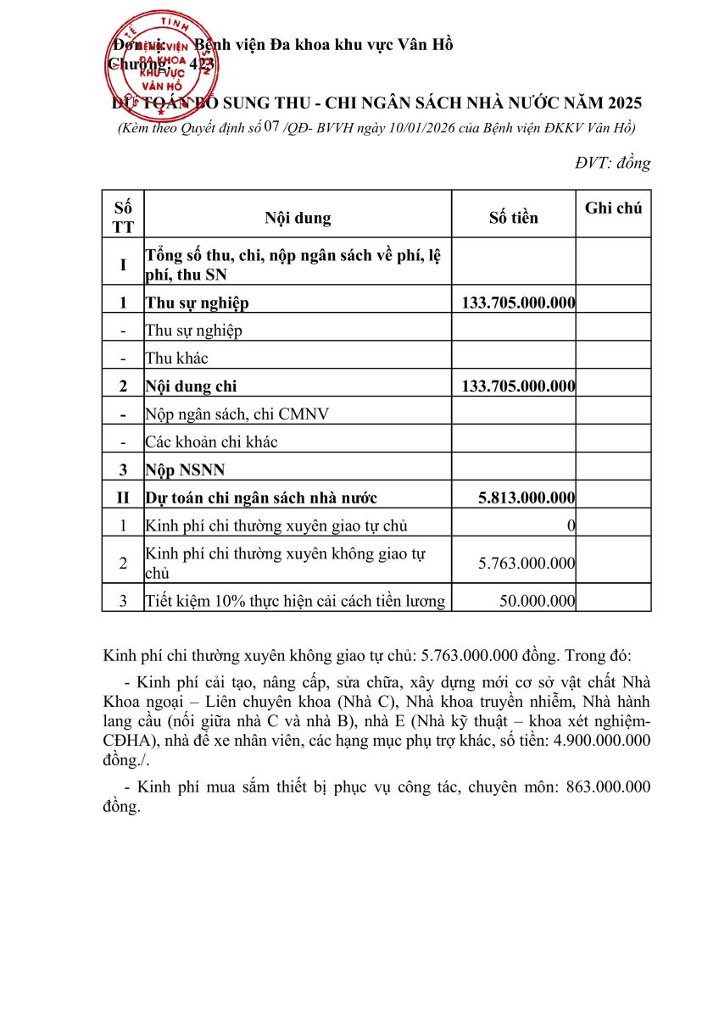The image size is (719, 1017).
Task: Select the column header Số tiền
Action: (513, 218)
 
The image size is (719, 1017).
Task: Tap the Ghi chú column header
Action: (613, 208)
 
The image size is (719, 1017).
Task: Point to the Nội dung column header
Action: (298, 218)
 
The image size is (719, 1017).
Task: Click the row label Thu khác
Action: (176, 358)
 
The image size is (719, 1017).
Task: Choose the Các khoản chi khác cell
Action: (211, 442)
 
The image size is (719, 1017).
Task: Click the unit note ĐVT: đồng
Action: (612, 164)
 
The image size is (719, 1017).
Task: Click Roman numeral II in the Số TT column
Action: (123, 497)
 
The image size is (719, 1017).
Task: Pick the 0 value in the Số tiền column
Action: (571, 525)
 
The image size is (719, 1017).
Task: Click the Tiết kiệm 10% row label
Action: (294, 601)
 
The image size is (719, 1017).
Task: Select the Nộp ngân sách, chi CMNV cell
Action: (237, 414)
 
